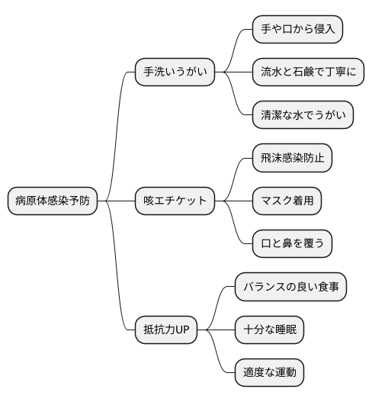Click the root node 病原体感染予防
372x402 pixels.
click(52, 201)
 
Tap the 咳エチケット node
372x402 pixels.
click(175, 201)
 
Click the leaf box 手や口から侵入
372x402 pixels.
click(297, 29)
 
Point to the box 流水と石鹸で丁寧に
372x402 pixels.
click(307, 72)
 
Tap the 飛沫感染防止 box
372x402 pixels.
click(293, 158)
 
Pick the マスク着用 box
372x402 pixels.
click(287, 201)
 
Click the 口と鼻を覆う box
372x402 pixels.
click(293, 244)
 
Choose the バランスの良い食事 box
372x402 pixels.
click(290, 287)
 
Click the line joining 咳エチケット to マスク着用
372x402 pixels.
click(234, 201)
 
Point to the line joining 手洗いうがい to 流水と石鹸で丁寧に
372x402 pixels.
click(234, 72)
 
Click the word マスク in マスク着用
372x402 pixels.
click(276, 201)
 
